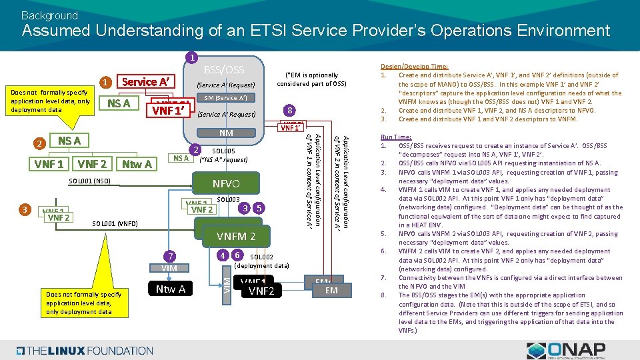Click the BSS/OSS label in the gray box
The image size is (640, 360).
coord(223,70)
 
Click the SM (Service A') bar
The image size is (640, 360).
coord(225,98)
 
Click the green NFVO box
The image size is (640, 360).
coord(225,183)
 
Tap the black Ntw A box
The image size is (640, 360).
coord(171,289)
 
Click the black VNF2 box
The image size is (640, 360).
coord(261,291)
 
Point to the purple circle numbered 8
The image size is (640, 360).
coord(288,110)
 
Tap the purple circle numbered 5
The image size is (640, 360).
coord(259,208)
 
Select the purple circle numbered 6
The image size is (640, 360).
coord(237,254)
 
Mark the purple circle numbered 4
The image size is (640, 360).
coord(223,254)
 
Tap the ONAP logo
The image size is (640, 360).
coord(565,350)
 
